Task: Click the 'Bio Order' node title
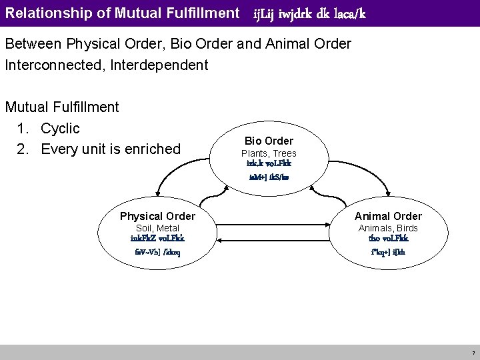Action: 269,141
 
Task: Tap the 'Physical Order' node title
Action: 157,216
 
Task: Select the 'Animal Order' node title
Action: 388,216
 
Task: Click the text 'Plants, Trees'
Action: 269,153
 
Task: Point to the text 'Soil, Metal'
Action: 157,228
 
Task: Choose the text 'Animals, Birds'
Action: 388,228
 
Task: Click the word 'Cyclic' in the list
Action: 60,127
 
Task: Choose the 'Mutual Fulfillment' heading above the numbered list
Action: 62,107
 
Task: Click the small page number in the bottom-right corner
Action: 473,352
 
